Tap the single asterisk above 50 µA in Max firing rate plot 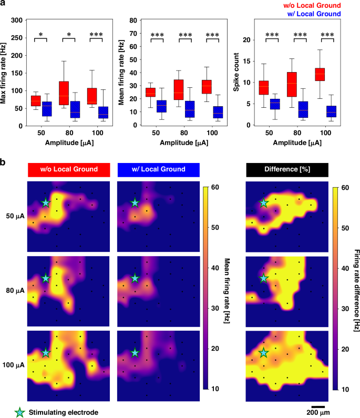tap(41, 35)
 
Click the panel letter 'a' tap(4, 4)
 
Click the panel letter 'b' tap(4, 162)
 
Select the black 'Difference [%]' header tap(287, 169)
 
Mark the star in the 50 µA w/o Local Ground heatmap tap(46, 202)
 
